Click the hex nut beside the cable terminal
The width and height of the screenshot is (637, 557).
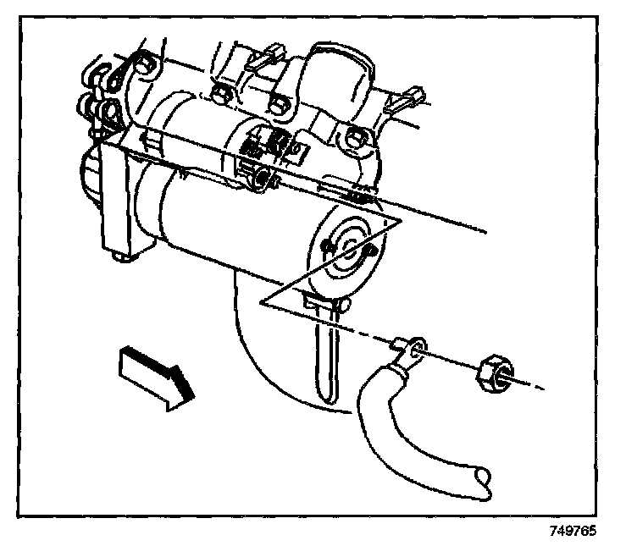click(x=491, y=371)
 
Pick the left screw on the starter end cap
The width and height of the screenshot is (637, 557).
click(x=327, y=245)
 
